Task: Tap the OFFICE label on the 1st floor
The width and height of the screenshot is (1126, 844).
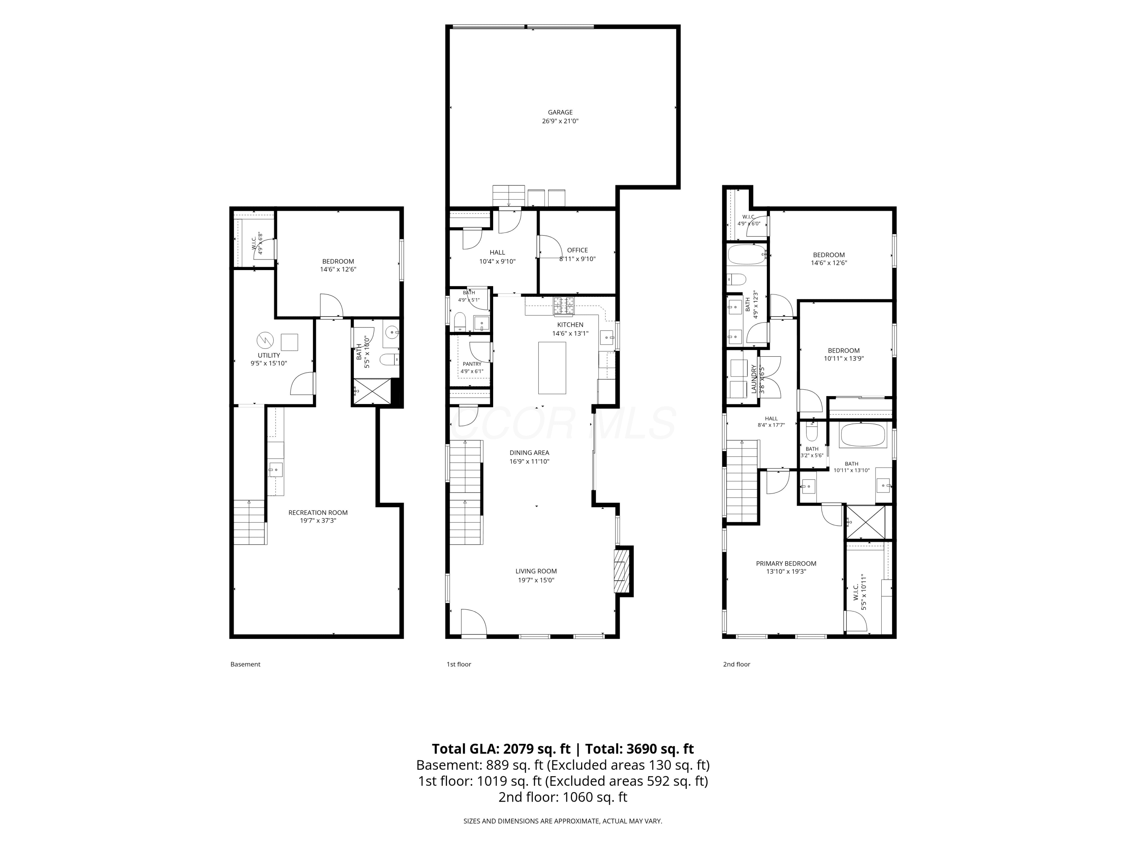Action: [x=577, y=250]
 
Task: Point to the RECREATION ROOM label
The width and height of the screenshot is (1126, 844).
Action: [x=318, y=512]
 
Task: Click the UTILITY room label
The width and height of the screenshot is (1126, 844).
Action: [x=269, y=356]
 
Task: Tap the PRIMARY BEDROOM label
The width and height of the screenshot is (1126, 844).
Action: [x=786, y=563]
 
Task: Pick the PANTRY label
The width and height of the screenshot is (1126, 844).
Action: [x=472, y=364]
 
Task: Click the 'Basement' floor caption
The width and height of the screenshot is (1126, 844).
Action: [x=245, y=664]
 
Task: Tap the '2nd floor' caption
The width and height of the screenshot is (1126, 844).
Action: [x=736, y=664]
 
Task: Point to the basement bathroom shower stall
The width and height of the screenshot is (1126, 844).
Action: [x=373, y=391]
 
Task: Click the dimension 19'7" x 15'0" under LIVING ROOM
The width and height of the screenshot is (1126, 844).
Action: [x=535, y=580]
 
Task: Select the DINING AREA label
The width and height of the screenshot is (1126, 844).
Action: [x=529, y=453]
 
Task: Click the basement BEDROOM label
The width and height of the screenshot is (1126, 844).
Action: [x=338, y=261]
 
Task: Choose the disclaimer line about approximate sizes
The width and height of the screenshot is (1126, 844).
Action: [x=563, y=821]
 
